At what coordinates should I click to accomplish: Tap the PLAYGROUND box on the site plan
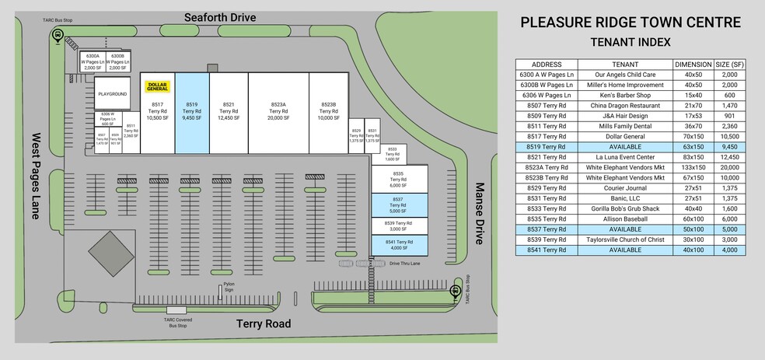[x=112, y=93]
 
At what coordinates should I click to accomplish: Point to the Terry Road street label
[x=264, y=323]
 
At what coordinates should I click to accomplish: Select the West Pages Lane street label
[x=36, y=176]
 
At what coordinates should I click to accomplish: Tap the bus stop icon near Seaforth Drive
[x=57, y=35]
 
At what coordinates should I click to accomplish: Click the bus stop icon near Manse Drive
[x=456, y=291]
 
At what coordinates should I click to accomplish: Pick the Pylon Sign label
[x=229, y=286]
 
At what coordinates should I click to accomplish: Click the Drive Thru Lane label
[x=405, y=264]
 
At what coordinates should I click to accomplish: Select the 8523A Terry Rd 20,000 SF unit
[x=278, y=111]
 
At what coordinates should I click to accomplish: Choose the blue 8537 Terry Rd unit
[x=398, y=205]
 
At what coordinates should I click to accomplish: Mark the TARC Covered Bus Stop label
[x=178, y=323]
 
